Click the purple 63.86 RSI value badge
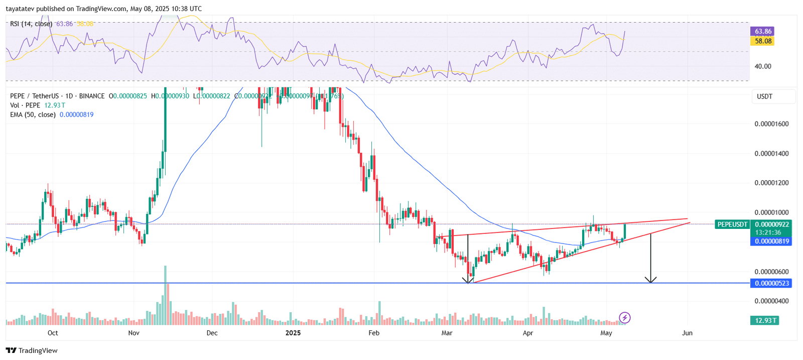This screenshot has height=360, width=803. pos(762,31)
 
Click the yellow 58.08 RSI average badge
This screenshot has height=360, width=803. pos(762,41)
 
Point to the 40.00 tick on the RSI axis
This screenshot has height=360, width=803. pos(763,66)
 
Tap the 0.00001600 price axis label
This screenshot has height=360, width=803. pos(771,124)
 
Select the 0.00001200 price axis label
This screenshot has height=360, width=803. pos(771,183)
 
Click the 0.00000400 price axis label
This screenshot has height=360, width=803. pos(771,301)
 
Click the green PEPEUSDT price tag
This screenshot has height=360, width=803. pos(732,224)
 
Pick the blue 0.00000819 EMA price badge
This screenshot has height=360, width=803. pos(771,242)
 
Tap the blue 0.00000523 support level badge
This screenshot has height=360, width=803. pos(771,283)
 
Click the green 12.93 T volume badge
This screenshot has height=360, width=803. pos(764,320)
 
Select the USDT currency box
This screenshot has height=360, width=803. pos(764,96)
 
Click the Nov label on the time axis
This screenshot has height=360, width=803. pos(133,333)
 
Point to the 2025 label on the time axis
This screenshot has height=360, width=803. pos(293,333)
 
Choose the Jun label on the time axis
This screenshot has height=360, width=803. pos(687,333)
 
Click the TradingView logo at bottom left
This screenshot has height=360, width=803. pos(32,350)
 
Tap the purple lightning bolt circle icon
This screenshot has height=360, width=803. pos(624,317)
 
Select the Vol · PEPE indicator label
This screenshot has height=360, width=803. pos(26,105)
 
